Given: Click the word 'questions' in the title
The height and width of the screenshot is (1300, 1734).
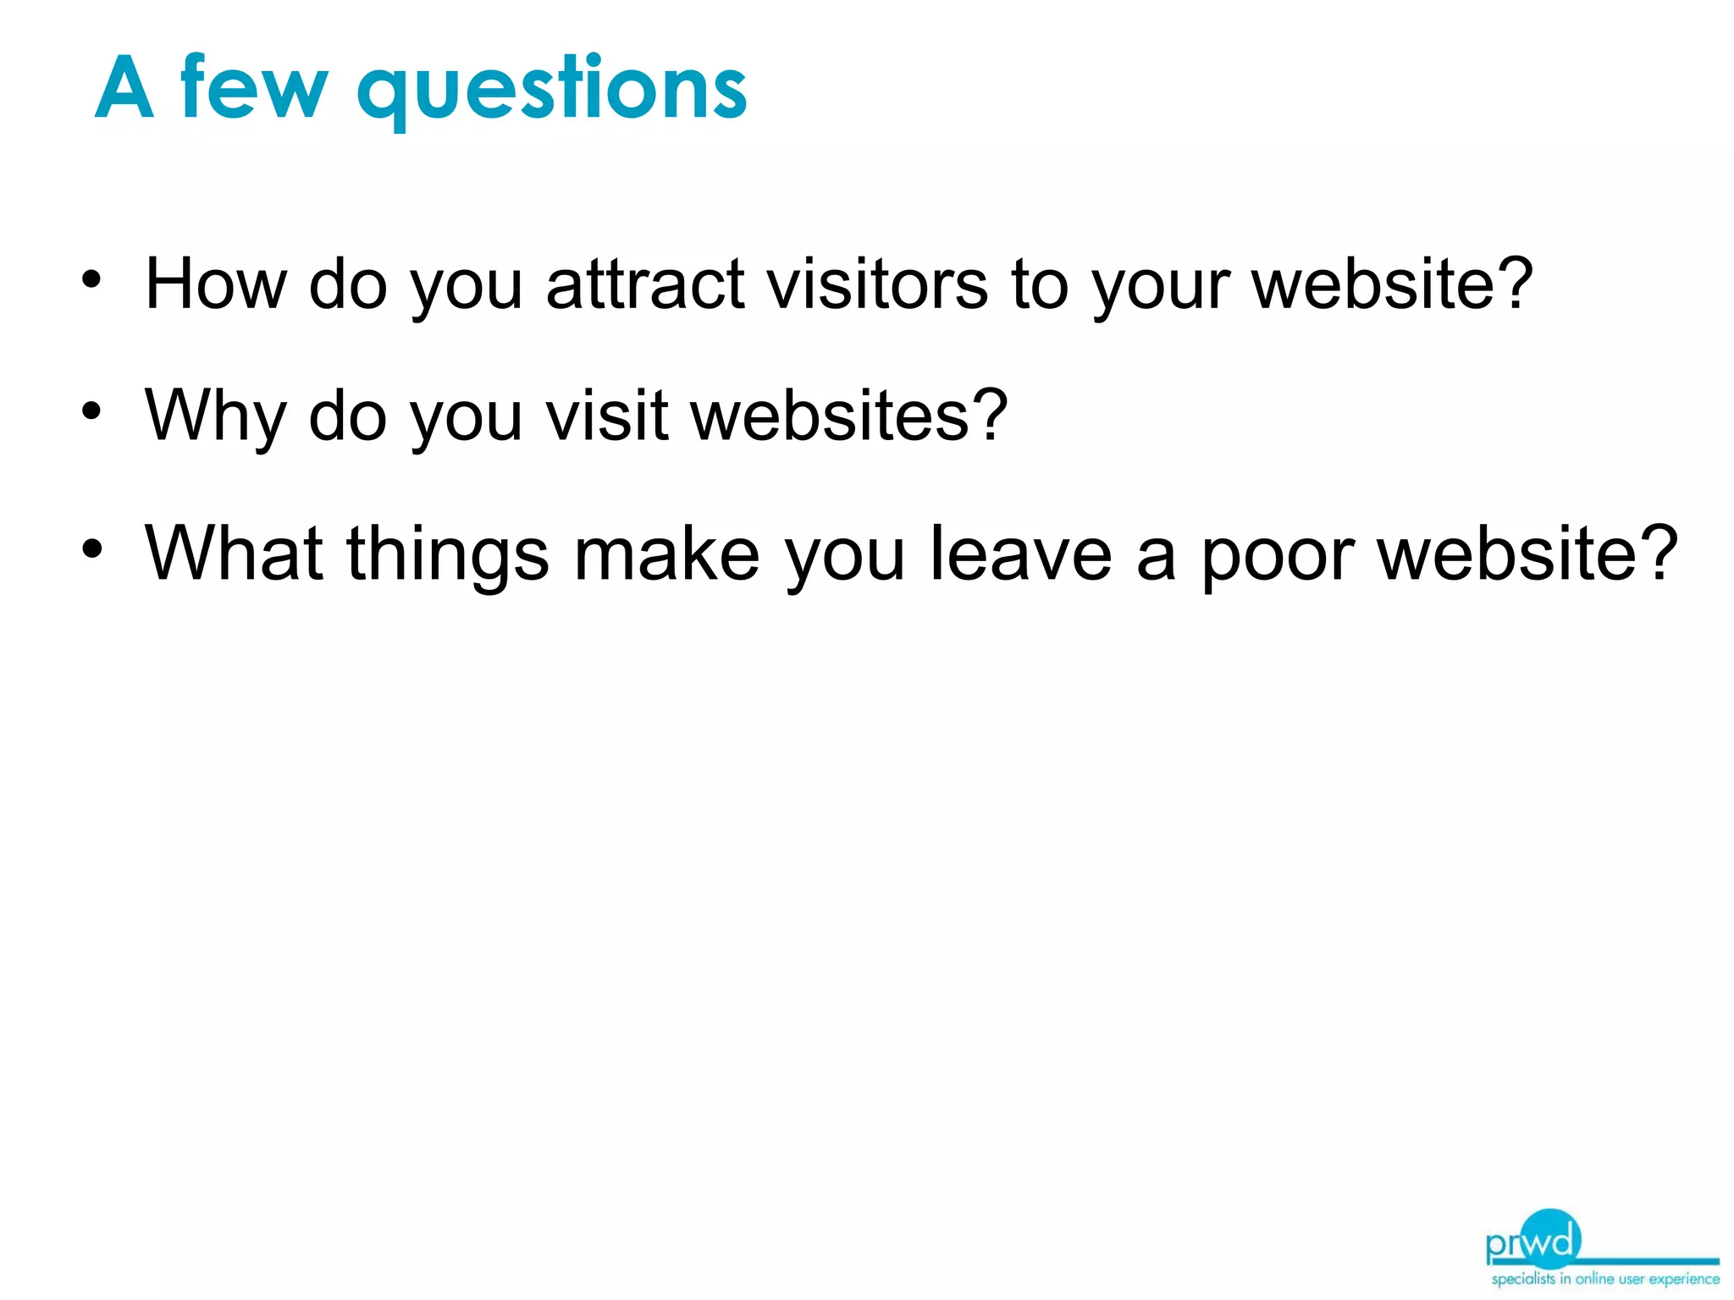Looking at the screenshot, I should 552,88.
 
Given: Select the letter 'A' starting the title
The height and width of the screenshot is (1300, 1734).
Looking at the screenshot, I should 124,88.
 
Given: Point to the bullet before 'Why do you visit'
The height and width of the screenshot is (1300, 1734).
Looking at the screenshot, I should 91,412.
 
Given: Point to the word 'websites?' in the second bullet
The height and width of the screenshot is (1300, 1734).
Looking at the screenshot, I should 849,416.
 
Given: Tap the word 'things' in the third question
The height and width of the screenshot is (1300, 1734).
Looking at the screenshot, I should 448,555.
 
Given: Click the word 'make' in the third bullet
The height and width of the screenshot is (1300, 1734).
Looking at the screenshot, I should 666,554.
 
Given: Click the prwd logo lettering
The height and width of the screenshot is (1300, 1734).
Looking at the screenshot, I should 1533,1242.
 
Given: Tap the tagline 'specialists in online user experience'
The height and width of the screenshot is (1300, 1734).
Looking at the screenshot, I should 1605,1279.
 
